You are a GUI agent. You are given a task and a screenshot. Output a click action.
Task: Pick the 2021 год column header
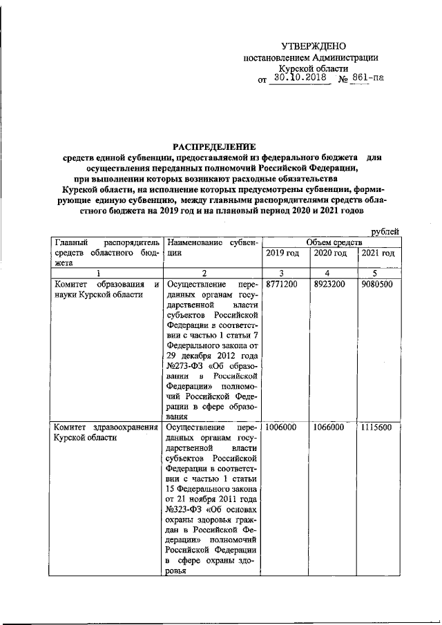[378, 255]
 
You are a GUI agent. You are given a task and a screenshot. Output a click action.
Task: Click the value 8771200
[282, 284]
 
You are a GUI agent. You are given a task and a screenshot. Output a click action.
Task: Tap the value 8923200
[329, 284]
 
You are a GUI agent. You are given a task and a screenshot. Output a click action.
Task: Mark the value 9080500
[376, 284]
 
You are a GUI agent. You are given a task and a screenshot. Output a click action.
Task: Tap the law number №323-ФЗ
[184, 516]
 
